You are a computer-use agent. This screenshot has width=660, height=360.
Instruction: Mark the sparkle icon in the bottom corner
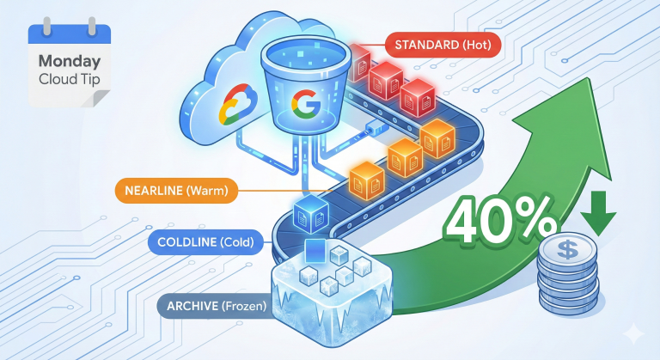tap(634, 334)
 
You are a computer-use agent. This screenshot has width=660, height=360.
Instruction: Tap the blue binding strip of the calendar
tap(70, 34)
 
